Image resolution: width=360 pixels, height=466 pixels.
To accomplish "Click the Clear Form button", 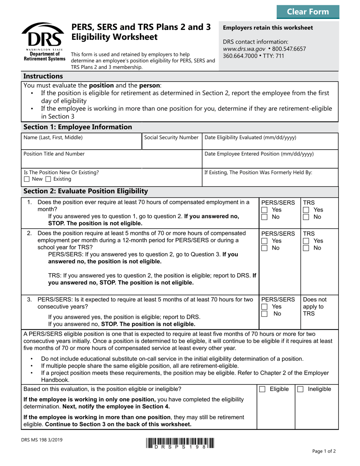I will pyautogui.click(x=308, y=12).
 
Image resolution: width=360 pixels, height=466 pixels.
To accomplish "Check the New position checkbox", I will pyautogui.click(x=26, y=179).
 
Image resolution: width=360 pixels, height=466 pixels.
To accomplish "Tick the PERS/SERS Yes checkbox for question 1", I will pyautogui.click(x=265, y=210).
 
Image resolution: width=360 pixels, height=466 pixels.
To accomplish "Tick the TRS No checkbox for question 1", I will pyautogui.click(x=306, y=217).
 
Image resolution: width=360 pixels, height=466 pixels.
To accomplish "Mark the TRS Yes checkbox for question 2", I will pyautogui.click(x=306, y=241).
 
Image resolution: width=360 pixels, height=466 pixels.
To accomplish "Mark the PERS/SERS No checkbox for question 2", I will pyautogui.click(x=265, y=248).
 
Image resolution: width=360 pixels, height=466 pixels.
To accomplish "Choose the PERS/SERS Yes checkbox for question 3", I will pyautogui.click(x=265, y=307).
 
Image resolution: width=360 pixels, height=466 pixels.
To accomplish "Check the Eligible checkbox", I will pyautogui.click(x=262, y=389).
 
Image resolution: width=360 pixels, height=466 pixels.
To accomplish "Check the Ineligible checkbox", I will pyautogui.click(x=300, y=389).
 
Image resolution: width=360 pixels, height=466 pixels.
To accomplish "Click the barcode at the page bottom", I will pyautogui.click(x=179, y=443).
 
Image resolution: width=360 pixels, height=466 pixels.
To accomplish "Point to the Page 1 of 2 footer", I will pyautogui.click(x=324, y=451).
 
